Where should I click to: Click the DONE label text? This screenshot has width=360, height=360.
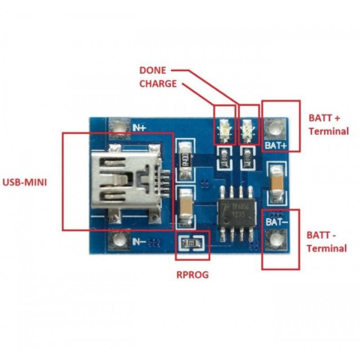pos(153,70)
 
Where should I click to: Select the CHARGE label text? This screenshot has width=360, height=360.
pos(158,83)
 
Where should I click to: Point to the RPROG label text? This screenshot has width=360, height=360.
pos(193,274)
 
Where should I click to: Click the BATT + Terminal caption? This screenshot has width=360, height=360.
pos(328,125)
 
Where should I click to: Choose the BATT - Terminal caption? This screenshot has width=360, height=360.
pos(327,242)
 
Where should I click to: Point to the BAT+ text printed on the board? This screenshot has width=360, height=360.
pos(276,145)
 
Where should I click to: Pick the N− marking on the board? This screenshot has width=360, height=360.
pos(139,242)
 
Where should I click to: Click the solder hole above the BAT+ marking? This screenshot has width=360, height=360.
pos(275,129)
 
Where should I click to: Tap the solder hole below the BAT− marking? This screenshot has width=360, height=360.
pos(275,239)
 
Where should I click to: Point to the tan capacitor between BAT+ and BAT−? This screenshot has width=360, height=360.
pos(275,184)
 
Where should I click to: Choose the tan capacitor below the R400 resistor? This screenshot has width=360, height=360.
pos(185,207)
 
